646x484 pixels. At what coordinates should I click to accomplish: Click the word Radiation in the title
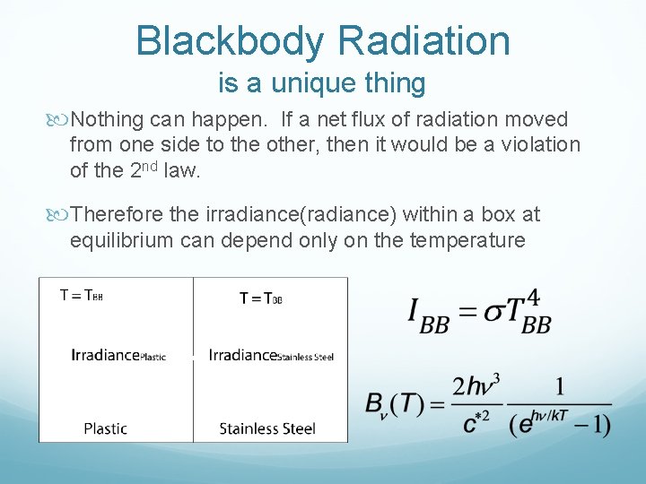[x=424, y=40]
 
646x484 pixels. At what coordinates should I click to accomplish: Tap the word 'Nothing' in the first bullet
[x=109, y=119]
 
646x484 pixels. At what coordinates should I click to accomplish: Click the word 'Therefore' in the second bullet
[x=116, y=214]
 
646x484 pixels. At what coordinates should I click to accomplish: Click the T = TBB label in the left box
[x=82, y=294]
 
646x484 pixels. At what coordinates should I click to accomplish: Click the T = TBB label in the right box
[x=261, y=298]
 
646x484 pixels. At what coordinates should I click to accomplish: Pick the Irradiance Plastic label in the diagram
[x=118, y=355]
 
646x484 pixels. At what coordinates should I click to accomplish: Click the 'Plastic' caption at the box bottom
[x=106, y=428]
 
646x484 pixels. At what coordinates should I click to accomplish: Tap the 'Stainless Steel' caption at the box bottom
[x=267, y=428]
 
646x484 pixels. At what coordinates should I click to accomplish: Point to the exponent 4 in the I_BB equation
[x=534, y=297]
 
